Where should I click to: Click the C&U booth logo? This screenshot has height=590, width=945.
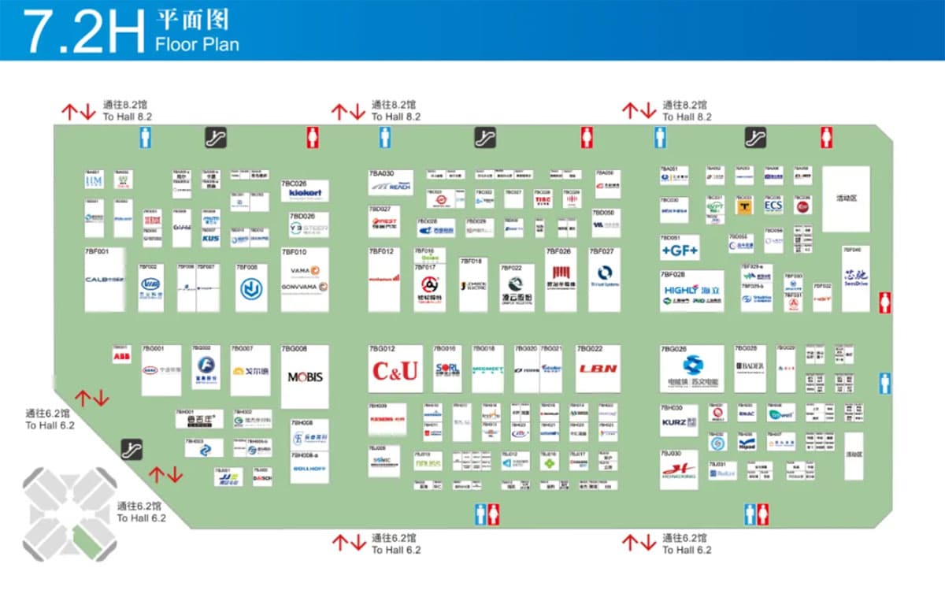[x=395, y=370]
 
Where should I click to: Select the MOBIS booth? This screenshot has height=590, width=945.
[x=305, y=377]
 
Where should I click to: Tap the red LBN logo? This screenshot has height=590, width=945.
[x=598, y=369]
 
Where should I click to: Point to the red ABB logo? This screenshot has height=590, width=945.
[x=121, y=357]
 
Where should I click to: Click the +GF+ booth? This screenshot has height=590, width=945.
[x=680, y=250]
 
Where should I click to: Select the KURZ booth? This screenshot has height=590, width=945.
[x=679, y=422]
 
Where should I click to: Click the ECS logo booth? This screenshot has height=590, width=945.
[x=773, y=206]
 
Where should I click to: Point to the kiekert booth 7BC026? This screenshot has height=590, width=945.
[x=304, y=192]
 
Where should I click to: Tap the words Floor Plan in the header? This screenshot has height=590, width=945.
[x=197, y=43]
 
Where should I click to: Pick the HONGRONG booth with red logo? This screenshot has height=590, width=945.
[x=679, y=470]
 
